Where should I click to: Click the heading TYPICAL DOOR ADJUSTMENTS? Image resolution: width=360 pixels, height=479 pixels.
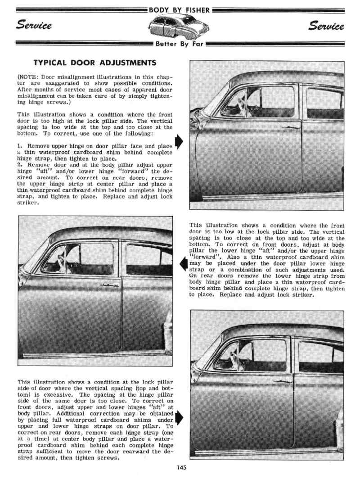pyautogui.click(x=95, y=63)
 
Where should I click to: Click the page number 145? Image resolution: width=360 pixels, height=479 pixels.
pyautogui.click(x=181, y=467)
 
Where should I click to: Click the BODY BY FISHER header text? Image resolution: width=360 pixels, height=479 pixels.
pyautogui.click(x=180, y=9)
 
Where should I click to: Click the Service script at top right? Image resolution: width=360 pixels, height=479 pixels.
pyautogui.click(x=326, y=26)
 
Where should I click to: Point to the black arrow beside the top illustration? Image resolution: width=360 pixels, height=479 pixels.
pyautogui.click(x=179, y=141)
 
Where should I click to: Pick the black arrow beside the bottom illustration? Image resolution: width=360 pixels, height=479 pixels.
pyautogui.click(x=179, y=417)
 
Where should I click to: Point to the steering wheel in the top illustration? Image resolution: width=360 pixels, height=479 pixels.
pyautogui.click(x=234, y=107)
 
